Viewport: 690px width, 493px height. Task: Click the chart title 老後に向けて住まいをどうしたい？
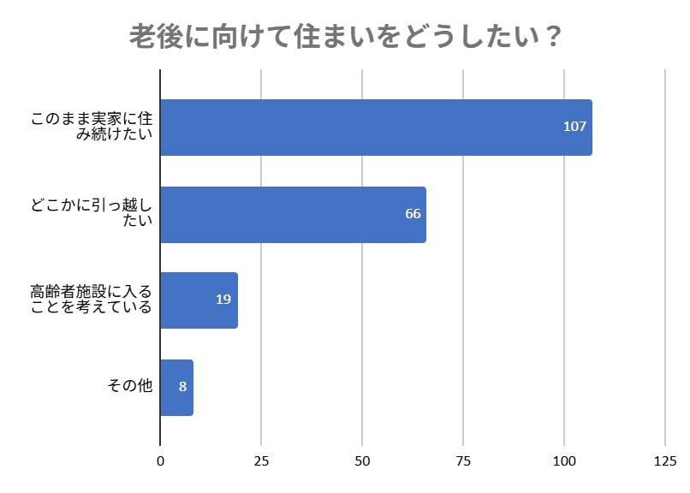click(x=345, y=37)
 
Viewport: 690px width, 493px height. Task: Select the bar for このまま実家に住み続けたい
click(x=376, y=127)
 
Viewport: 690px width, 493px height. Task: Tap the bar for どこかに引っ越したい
click(x=293, y=214)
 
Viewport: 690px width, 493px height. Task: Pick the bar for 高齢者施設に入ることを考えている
click(x=199, y=300)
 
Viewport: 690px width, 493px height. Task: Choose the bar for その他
click(x=176, y=387)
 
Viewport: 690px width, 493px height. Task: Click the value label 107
click(x=574, y=127)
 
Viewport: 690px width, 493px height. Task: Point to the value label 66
click(x=413, y=214)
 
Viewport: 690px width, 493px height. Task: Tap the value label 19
click(x=223, y=300)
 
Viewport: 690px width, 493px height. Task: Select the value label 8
click(x=182, y=387)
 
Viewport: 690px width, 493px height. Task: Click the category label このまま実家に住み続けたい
click(x=92, y=127)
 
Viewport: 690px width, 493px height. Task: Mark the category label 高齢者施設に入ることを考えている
click(x=92, y=300)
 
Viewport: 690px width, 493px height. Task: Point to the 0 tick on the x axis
click(x=161, y=463)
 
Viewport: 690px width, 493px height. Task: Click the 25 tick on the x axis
click(x=261, y=463)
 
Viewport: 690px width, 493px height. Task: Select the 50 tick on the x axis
click(x=362, y=463)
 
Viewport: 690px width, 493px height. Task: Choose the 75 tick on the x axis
click(x=463, y=463)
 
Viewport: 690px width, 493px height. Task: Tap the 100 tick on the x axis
click(x=564, y=463)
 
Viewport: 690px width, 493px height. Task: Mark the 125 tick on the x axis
click(x=665, y=463)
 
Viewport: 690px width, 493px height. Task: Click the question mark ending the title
click(x=553, y=37)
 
